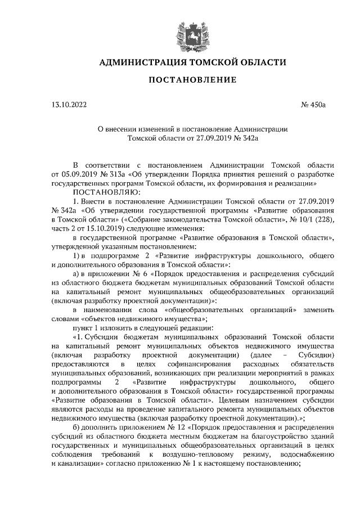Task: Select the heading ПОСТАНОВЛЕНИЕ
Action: pos(192,81)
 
